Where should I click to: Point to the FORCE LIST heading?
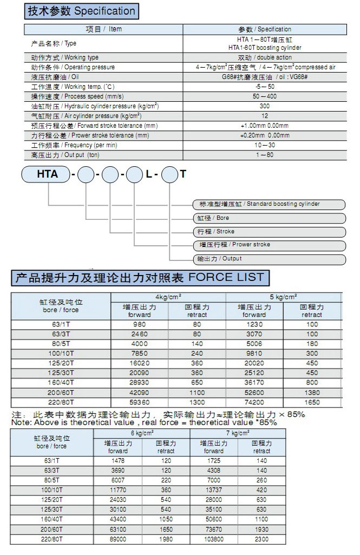140,278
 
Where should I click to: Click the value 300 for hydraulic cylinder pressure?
265,106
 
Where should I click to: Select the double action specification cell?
265,57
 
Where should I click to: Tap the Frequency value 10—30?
265,146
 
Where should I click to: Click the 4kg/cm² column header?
168,297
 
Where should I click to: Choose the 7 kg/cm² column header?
237,434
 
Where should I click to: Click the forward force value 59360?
140,402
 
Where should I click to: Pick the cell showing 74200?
254,402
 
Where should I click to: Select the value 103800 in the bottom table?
214,539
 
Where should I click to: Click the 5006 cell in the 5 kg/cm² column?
254,343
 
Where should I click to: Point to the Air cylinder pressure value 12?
265,116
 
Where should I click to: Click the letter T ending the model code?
183,174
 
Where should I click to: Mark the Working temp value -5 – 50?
265,87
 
